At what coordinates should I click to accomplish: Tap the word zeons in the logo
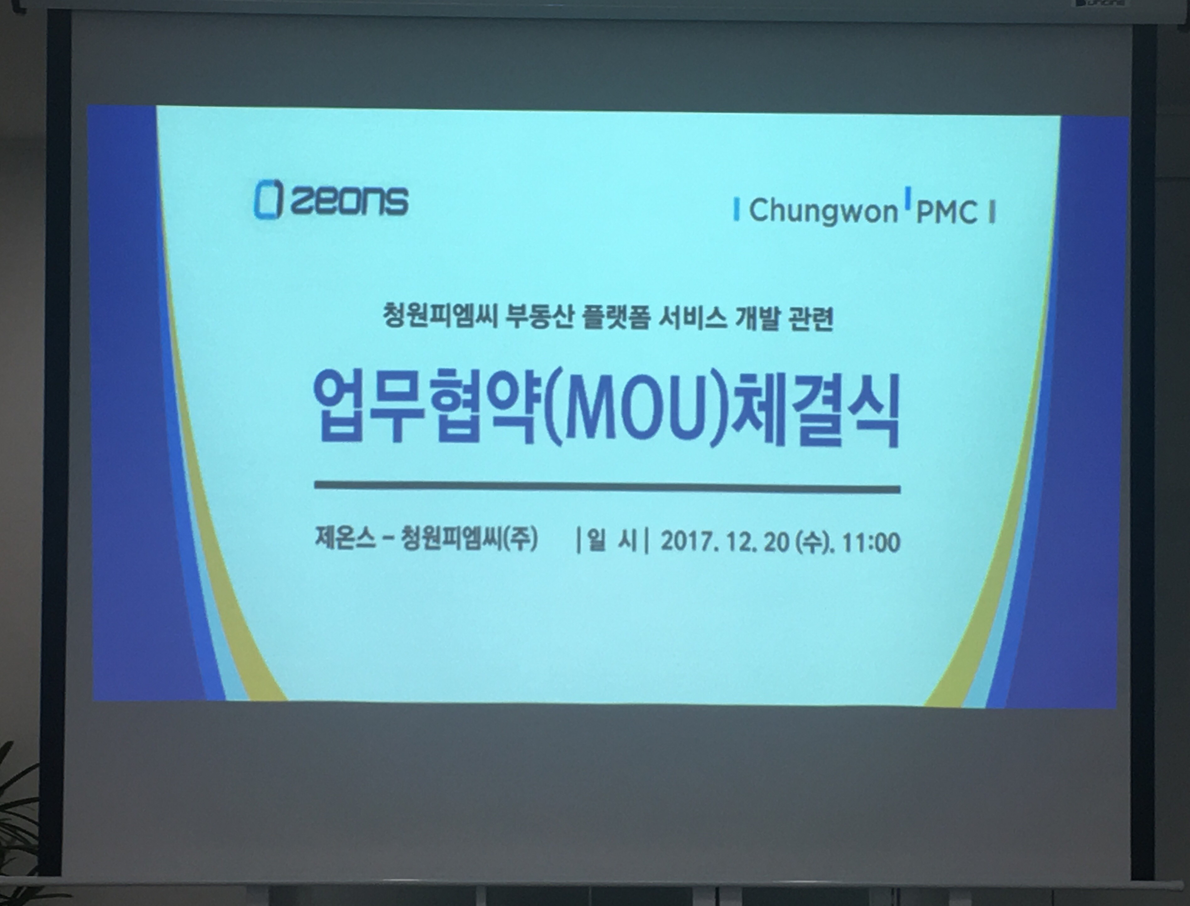click(349, 201)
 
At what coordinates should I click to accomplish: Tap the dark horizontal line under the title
click(607, 488)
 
